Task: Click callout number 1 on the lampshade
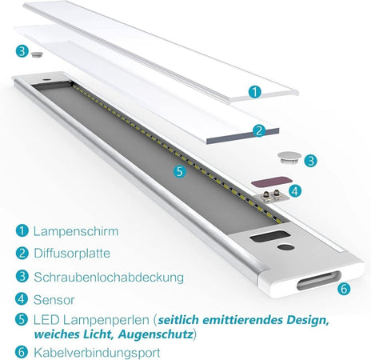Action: pos(254,92)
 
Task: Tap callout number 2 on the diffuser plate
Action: pos(258,131)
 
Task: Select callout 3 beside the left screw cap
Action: pos(21,51)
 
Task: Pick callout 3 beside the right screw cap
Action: pos(309,160)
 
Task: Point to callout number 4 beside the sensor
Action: pos(294,191)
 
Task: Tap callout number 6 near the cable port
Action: pos(344,288)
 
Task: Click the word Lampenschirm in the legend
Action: pos(76,231)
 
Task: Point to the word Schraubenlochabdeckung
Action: pos(109,278)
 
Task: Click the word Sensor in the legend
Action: pos(55,301)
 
